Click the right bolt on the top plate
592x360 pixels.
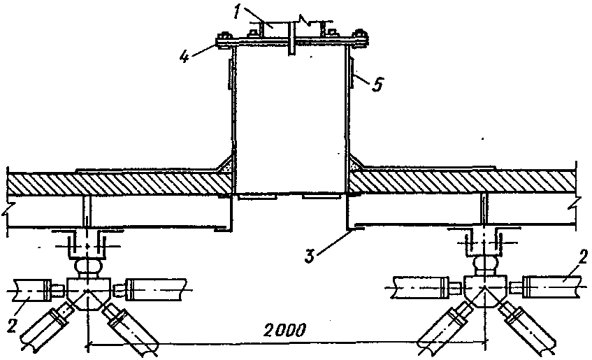pyautogui.click(x=360, y=38)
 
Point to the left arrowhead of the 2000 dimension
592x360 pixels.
pyautogui.click(x=91, y=343)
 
